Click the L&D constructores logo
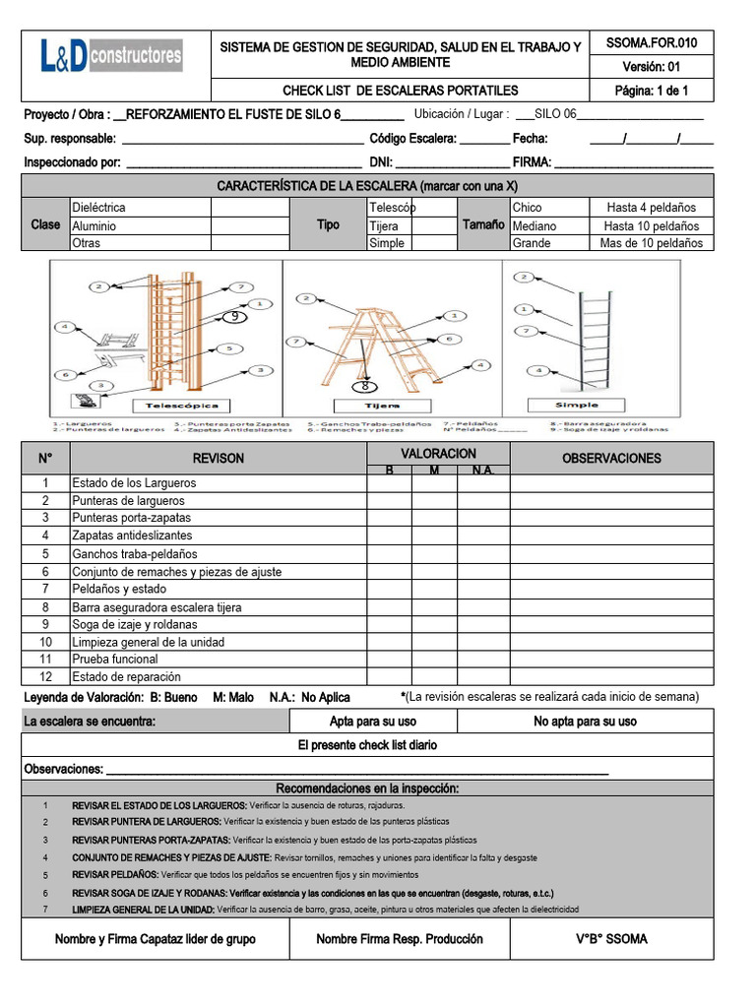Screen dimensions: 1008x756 click(111, 55)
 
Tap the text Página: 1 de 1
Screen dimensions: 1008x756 click(651, 91)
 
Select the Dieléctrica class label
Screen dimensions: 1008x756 click(98, 208)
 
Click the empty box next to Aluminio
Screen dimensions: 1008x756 click(250, 225)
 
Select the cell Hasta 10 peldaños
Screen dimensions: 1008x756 click(651, 225)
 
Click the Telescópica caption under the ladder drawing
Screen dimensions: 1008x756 click(182, 406)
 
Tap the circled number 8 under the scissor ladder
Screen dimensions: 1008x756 click(364, 387)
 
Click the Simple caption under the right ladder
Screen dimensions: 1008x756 click(576, 406)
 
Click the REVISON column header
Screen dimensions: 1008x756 click(219, 458)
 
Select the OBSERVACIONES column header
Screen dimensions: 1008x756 click(611, 458)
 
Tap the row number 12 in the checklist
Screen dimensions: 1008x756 click(45, 676)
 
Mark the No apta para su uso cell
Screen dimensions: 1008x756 click(585, 722)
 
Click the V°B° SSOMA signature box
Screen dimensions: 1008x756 click(611, 939)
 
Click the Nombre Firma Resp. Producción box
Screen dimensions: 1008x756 click(399, 939)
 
